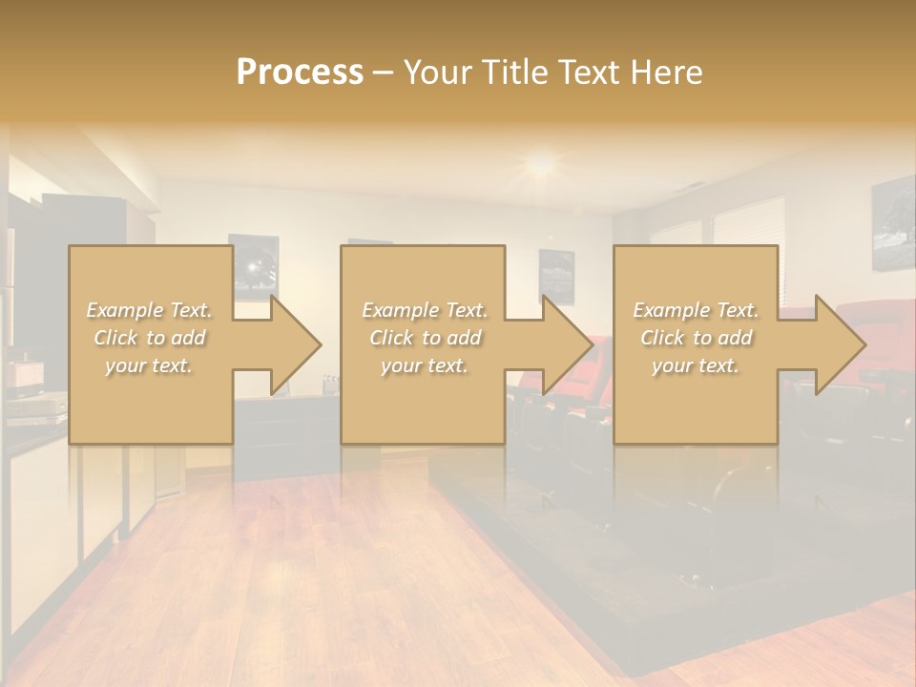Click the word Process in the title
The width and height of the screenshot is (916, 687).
pos(300,73)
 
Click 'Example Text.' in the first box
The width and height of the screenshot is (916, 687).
pos(150,310)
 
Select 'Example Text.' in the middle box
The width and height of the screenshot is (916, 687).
pos(425,310)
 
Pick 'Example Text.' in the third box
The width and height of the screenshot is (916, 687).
pos(696,310)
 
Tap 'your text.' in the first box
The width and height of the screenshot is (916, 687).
pos(150,365)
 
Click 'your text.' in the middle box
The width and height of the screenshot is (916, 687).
pos(425,365)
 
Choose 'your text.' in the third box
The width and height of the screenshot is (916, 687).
pos(696,365)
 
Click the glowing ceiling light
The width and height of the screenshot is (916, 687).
pos(541,163)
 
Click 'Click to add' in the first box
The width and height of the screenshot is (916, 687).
pos(150,338)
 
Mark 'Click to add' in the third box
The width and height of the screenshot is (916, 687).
pos(696,338)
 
